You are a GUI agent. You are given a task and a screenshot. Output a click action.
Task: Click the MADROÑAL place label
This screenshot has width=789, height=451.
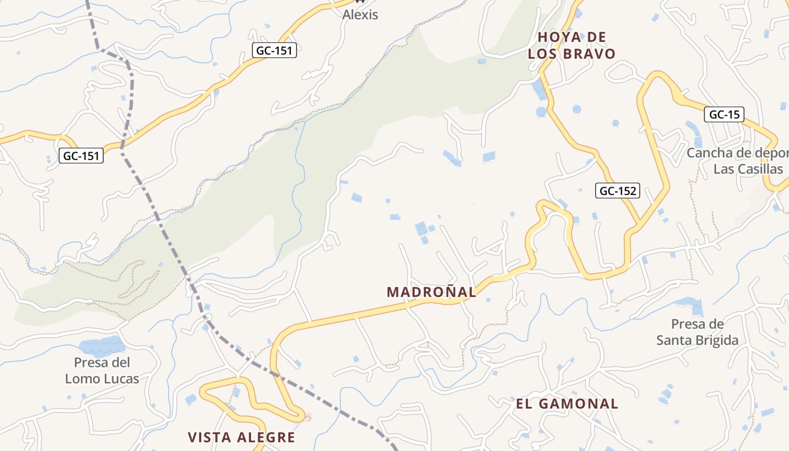tap(431, 292)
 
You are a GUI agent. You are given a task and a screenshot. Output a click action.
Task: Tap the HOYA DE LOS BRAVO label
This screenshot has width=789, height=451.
tap(571, 46)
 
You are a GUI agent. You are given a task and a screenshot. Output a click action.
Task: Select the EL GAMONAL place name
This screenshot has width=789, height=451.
tap(567, 404)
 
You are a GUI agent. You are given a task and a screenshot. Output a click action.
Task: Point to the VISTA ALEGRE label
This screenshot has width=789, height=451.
tap(241, 437)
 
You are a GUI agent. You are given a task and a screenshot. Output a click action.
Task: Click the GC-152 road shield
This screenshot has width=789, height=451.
tap(618, 191)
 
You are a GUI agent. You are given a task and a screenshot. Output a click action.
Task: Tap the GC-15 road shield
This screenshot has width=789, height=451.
tap(724, 115)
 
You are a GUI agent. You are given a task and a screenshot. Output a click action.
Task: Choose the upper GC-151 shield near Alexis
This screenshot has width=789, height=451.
tap(274, 50)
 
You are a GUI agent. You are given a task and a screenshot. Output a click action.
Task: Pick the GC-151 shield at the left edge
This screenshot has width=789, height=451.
tap(82, 156)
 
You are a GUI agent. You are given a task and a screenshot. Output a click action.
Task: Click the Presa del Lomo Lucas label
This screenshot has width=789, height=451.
tap(102, 370)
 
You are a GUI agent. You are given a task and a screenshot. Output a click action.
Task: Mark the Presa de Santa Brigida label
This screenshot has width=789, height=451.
tap(697, 332)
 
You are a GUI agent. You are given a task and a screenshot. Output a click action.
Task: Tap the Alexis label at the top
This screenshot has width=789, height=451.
tap(360, 15)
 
